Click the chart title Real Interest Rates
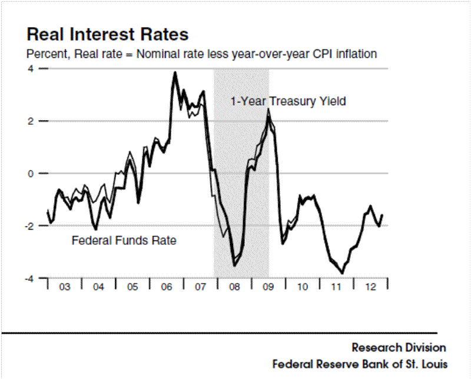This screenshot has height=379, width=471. pos(108,33)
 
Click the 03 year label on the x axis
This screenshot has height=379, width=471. pos(64,288)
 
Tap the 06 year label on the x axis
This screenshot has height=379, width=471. pos(167,288)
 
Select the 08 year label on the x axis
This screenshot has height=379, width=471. pos(235,288)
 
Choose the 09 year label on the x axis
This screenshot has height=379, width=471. pos(268,288)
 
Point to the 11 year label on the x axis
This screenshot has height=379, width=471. pos(337,288)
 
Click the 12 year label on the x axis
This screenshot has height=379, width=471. pos(371,288)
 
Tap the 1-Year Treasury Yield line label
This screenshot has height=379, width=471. pos(288,101)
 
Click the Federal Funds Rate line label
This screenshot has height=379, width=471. pos(124,240)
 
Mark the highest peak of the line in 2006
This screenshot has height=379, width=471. pos(175,72)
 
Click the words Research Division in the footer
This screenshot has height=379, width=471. pos(399,347)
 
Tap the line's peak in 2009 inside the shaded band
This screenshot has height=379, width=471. pos(268,109)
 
